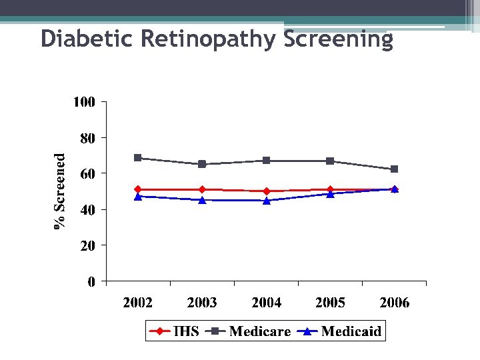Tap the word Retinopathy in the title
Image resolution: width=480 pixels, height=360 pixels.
click(x=210, y=39)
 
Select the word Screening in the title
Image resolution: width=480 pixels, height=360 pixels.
click(x=339, y=39)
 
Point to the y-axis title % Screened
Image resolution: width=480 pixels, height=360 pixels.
click(x=60, y=191)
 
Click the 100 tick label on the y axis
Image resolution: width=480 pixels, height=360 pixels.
click(x=85, y=102)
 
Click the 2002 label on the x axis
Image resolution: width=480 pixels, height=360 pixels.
click(x=137, y=303)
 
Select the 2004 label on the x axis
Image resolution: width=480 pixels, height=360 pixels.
click(x=266, y=303)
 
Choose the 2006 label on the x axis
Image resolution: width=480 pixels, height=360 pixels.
click(x=395, y=303)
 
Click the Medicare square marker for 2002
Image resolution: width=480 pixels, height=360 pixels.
click(x=137, y=158)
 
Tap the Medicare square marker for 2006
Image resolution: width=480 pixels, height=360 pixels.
click(x=395, y=169)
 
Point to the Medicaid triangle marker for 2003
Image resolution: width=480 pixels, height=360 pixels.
click(x=202, y=200)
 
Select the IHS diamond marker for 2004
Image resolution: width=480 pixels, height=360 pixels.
click(x=267, y=191)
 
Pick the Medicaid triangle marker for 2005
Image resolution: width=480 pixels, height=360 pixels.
click(x=331, y=194)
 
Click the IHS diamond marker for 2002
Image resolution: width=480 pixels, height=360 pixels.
click(x=137, y=189)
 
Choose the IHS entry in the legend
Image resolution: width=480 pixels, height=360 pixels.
click(x=175, y=331)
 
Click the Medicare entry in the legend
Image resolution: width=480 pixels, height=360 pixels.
click(x=250, y=331)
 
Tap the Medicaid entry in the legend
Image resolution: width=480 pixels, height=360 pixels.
click(x=340, y=331)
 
